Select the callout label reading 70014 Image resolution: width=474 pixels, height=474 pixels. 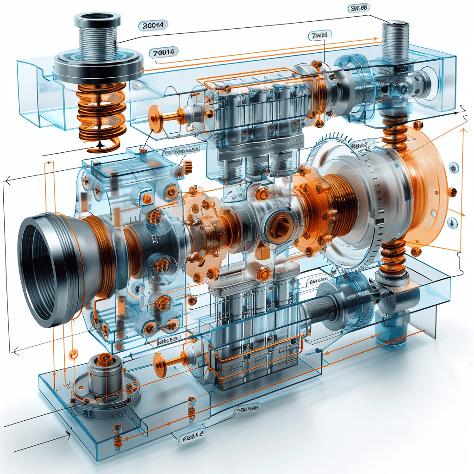point(164,53)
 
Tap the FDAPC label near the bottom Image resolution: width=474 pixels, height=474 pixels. point(191,436)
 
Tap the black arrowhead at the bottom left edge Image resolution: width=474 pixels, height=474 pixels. point(69,434)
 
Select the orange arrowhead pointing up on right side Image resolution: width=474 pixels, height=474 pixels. point(462,131)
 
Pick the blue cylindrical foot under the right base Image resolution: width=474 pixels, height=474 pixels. point(391,331)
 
